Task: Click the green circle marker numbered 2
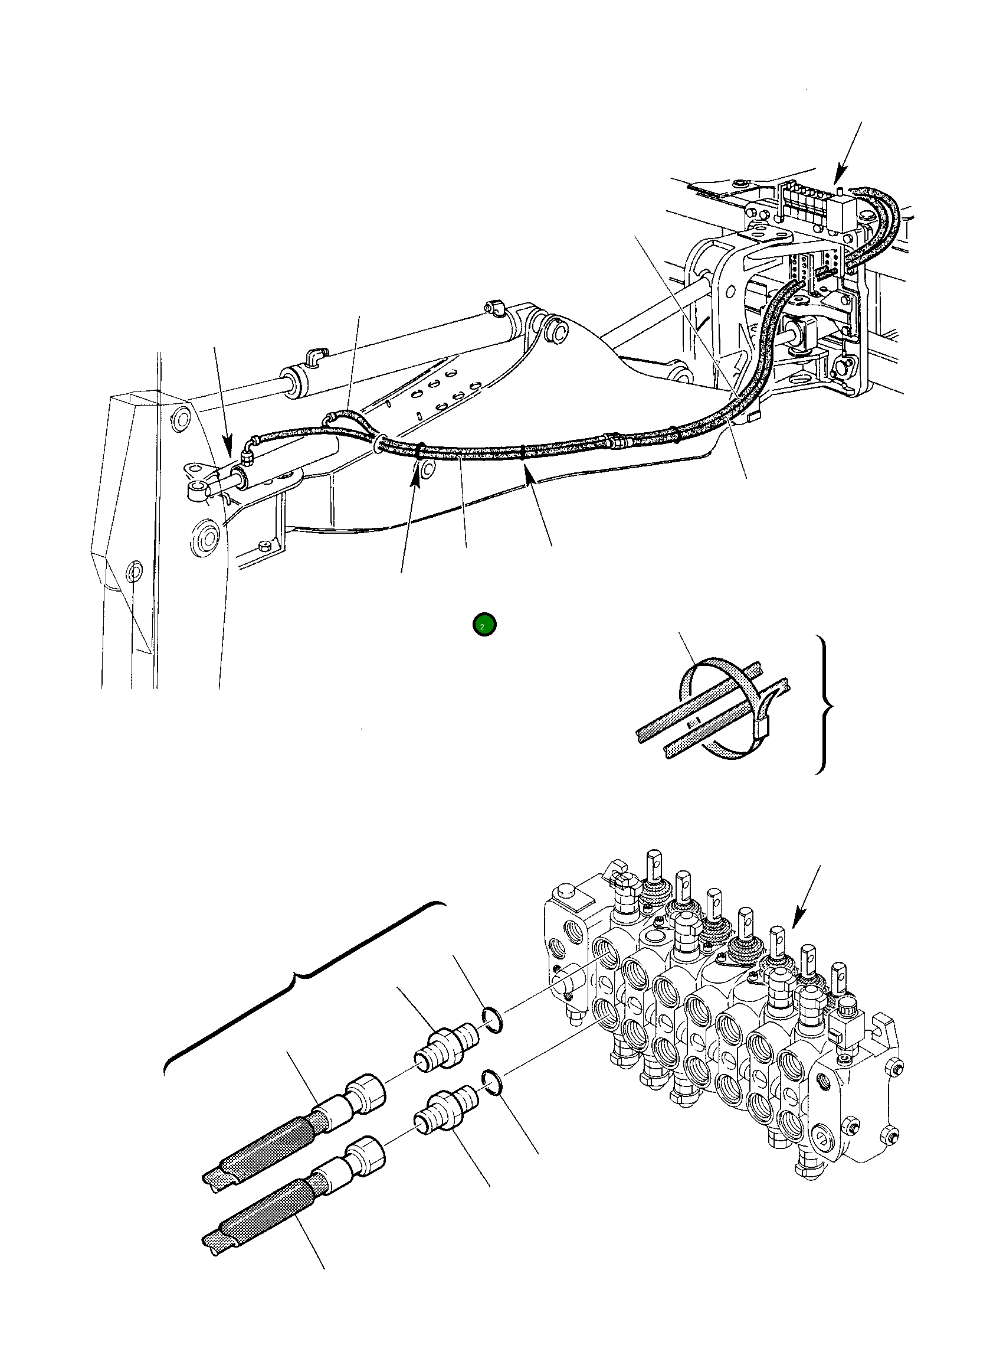tap(484, 625)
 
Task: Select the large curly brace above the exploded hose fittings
tap(304, 975)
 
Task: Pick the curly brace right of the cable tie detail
tap(826, 705)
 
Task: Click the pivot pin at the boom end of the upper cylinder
tap(556, 329)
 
